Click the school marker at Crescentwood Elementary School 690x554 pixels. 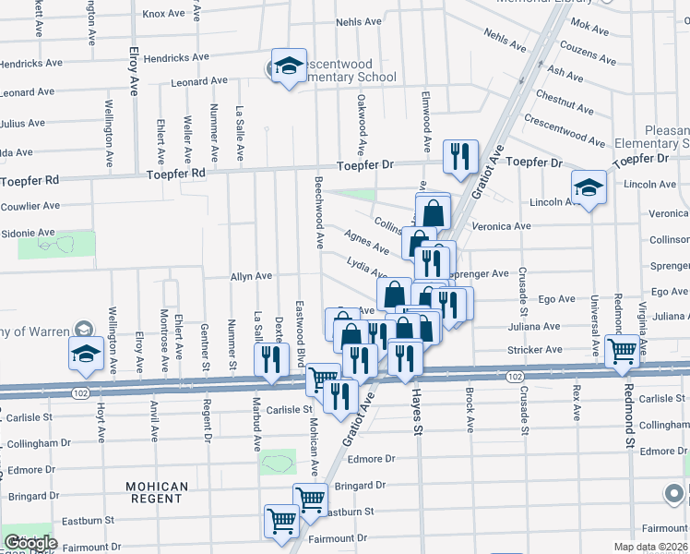289,66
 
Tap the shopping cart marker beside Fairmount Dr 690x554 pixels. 280,521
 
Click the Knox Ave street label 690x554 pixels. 164,14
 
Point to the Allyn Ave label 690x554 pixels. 251,276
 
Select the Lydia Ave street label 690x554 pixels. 366,268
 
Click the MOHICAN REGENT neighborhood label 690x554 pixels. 157,492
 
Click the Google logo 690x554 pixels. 30,543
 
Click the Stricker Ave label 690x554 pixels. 534,351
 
